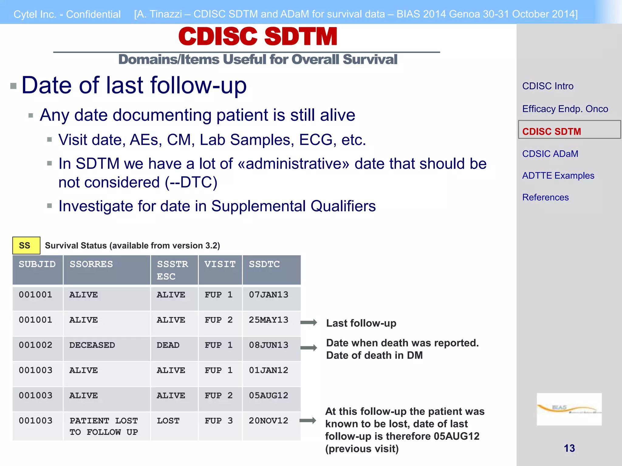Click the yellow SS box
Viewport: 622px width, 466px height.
(x=26, y=245)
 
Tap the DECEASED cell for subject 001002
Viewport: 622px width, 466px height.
(x=92, y=345)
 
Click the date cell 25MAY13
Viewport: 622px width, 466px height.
(x=268, y=320)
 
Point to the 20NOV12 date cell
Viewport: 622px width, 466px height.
(x=268, y=421)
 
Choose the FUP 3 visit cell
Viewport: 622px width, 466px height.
(x=219, y=421)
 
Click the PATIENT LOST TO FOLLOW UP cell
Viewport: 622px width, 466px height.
(x=104, y=426)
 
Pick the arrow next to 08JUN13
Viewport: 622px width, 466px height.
(x=309, y=348)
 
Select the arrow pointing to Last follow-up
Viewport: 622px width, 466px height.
(x=309, y=322)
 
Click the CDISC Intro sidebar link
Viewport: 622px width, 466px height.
(x=548, y=86)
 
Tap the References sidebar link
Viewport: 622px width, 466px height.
(x=545, y=198)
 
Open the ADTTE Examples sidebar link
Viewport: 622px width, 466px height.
(x=558, y=176)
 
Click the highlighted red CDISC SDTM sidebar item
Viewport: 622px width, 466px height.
(x=552, y=132)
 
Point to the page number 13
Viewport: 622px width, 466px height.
(x=569, y=448)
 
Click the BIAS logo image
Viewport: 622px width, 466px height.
(x=569, y=409)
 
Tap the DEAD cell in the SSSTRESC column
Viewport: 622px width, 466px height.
(x=168, y=345)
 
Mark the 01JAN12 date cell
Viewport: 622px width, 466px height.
(x=268, y=370)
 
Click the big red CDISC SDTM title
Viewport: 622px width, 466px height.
(x=258, y=37)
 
